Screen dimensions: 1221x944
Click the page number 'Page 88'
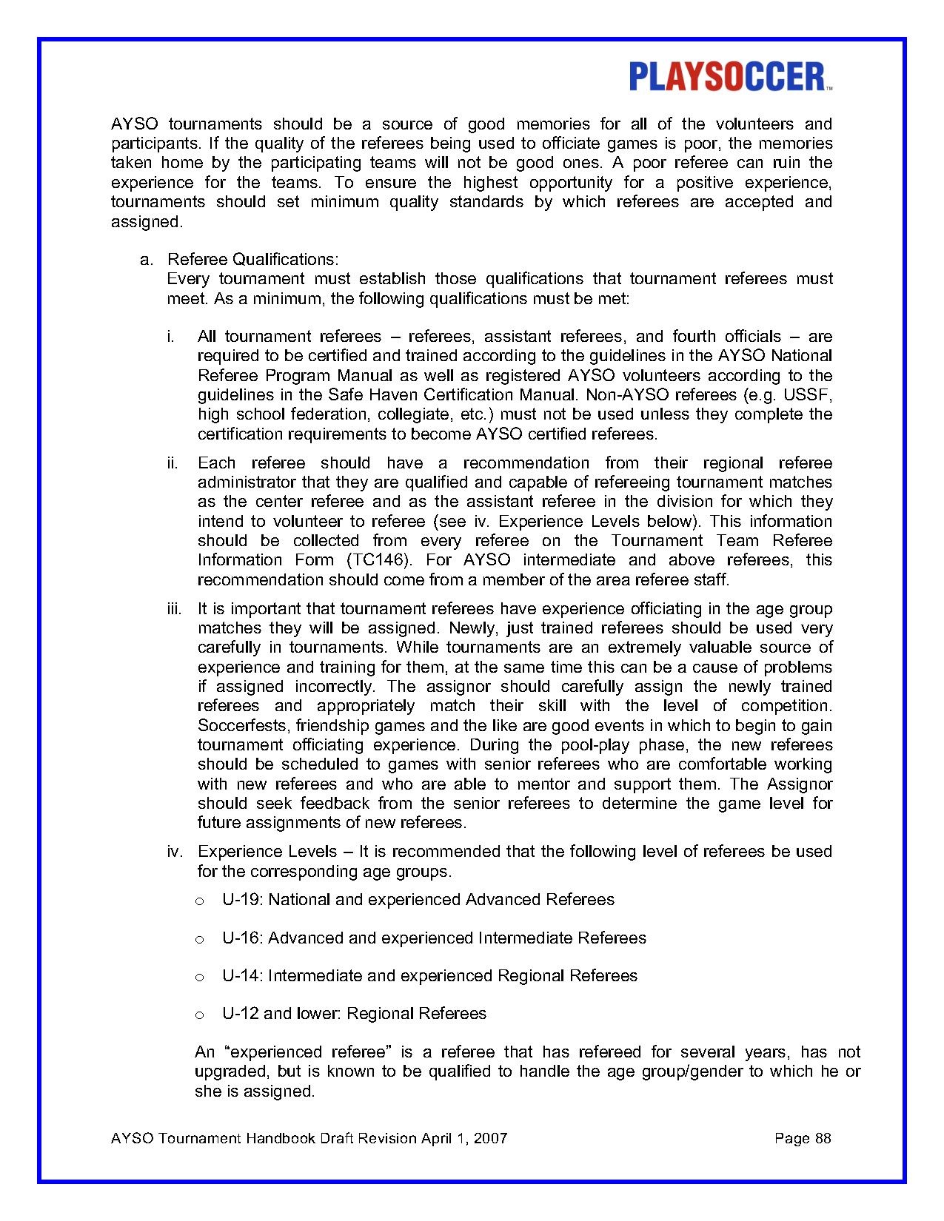click(803, 1138)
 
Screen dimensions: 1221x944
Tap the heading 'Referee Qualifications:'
click(253, 260)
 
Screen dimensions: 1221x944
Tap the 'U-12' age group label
click(241, 1014)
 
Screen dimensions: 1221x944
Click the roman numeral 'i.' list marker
click(170, 337)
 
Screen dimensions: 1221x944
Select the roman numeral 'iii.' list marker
click(174, 609)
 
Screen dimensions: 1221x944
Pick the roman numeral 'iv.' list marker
click(175, 852)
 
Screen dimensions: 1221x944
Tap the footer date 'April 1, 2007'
click(464, 1138)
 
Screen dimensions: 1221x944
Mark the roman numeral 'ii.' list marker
click(173, 463)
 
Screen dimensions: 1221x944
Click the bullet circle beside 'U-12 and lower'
click(198, 1015)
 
